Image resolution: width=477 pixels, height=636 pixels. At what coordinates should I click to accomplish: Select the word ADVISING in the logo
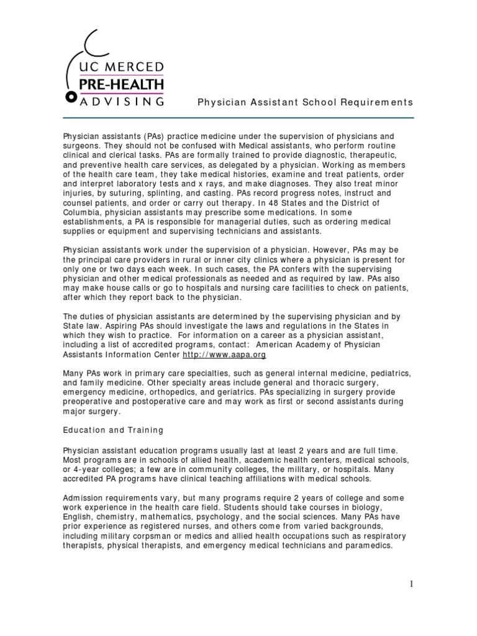[122, 99]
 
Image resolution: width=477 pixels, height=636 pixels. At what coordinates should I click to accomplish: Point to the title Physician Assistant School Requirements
[305, 102]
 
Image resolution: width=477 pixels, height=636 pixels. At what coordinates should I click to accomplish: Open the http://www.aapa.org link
[216, 354]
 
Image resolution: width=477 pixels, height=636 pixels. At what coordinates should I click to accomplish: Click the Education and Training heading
[114, 430]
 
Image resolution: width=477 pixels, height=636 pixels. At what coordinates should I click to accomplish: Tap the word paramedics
[367, 545]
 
